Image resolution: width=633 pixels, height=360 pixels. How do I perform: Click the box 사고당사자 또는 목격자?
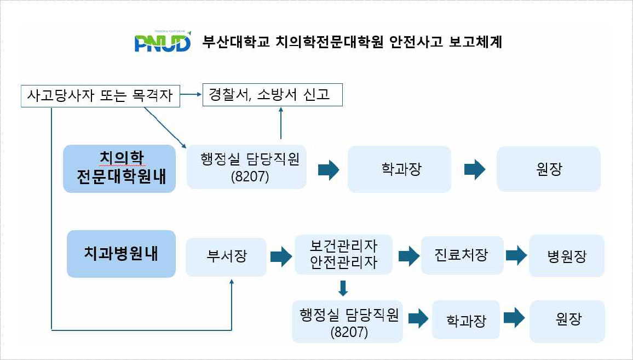[x=100, y=96]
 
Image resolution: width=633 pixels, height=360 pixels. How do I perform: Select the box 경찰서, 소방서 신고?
[x=273, y=95]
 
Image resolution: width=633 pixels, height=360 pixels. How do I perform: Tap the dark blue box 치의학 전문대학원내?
[x=119, y=168]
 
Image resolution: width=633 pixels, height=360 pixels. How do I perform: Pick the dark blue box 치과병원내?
[x=121, y=253]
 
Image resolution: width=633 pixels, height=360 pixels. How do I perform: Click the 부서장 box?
[x=226, y=256]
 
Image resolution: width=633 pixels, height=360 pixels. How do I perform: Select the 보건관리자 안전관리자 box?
[x=343, y=254]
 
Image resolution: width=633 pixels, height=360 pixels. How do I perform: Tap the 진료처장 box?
[x=462, y=255]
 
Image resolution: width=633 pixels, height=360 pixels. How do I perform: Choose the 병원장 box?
[x=566, y=256]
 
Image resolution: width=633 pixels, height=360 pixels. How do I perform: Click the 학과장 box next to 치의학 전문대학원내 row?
[x=399, y=169]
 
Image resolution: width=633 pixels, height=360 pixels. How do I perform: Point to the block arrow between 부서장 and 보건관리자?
[x=281, y=256]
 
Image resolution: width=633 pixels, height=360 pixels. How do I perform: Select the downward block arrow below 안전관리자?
[x=343, y=288]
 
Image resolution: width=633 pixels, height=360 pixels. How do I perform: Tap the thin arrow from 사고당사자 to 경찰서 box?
[x=191, y=95]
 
